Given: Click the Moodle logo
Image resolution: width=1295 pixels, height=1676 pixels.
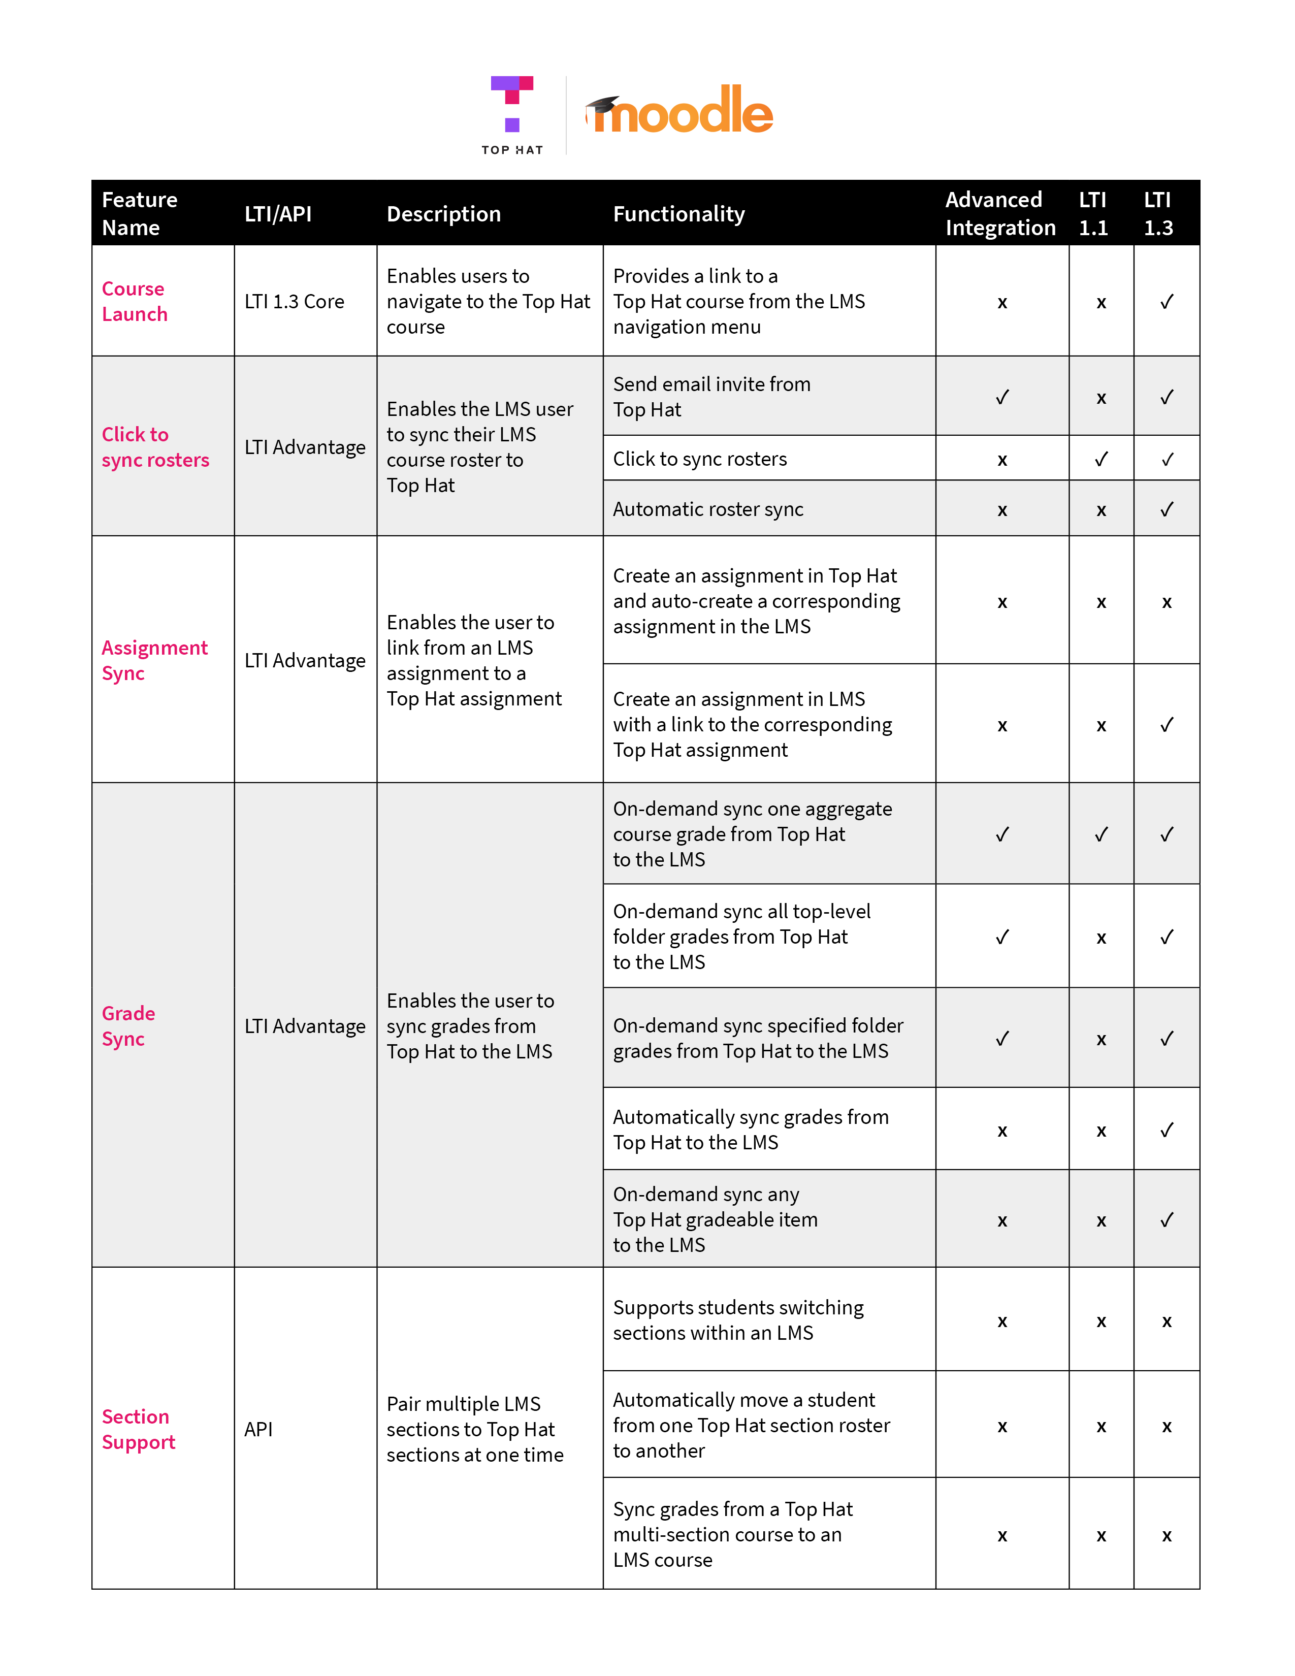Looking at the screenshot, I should pos(679,111).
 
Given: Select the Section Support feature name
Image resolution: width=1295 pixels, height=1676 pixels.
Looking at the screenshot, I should pos(138,1428).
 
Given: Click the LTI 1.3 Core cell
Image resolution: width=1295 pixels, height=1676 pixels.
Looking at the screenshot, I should pos(294,302).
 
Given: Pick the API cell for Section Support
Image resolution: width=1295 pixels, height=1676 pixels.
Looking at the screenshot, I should pos(258,1429).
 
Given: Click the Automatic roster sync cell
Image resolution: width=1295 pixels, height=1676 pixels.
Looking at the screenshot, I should pos(707,509).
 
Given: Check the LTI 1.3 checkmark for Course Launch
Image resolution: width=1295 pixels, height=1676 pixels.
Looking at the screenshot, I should pos(1166,302).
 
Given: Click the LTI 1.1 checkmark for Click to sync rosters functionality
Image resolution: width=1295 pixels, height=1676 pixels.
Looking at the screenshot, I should pos(1101,459).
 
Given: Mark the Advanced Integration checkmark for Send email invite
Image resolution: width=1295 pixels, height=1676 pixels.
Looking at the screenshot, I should pos(1002,397).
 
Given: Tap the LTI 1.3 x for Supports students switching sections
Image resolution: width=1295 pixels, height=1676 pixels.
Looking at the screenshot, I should pos(1166,1320).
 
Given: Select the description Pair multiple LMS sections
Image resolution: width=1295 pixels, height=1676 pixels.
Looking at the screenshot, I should pos(474,1429).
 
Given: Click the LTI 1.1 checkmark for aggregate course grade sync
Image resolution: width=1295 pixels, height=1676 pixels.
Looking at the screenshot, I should pos(1101,834).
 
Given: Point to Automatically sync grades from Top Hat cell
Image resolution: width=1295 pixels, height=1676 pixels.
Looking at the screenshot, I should pos(750,1129).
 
